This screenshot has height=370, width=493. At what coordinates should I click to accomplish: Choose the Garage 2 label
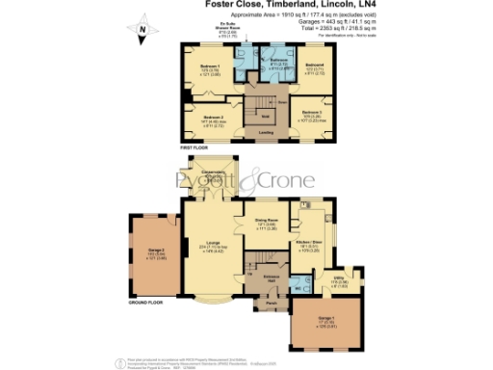point(154,252)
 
